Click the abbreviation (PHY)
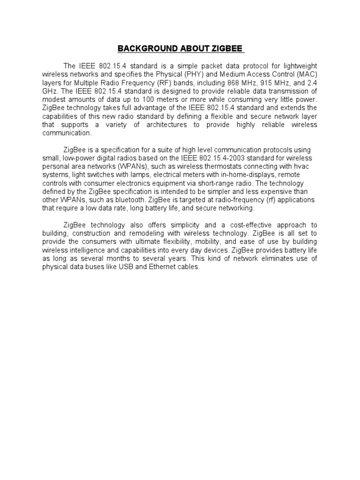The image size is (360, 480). (197, 74)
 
